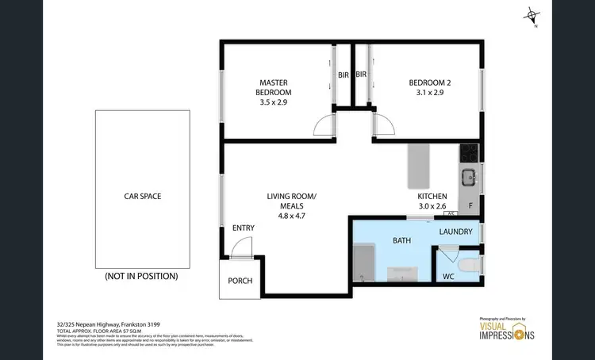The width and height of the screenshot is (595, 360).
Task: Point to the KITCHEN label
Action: (432, 196)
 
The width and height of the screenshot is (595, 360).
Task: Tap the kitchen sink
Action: (468, 177)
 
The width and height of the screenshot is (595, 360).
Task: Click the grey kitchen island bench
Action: (417, 163)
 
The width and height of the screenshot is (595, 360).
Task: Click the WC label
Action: (449, 277)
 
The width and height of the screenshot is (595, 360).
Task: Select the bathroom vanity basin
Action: (405, 274)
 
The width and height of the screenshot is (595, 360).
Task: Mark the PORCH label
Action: (240, 280)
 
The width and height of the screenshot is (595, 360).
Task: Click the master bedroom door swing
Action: (325, 125)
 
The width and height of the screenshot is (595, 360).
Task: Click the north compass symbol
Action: (532, 16)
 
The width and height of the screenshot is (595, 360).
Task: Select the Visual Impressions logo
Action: (507, 331)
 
